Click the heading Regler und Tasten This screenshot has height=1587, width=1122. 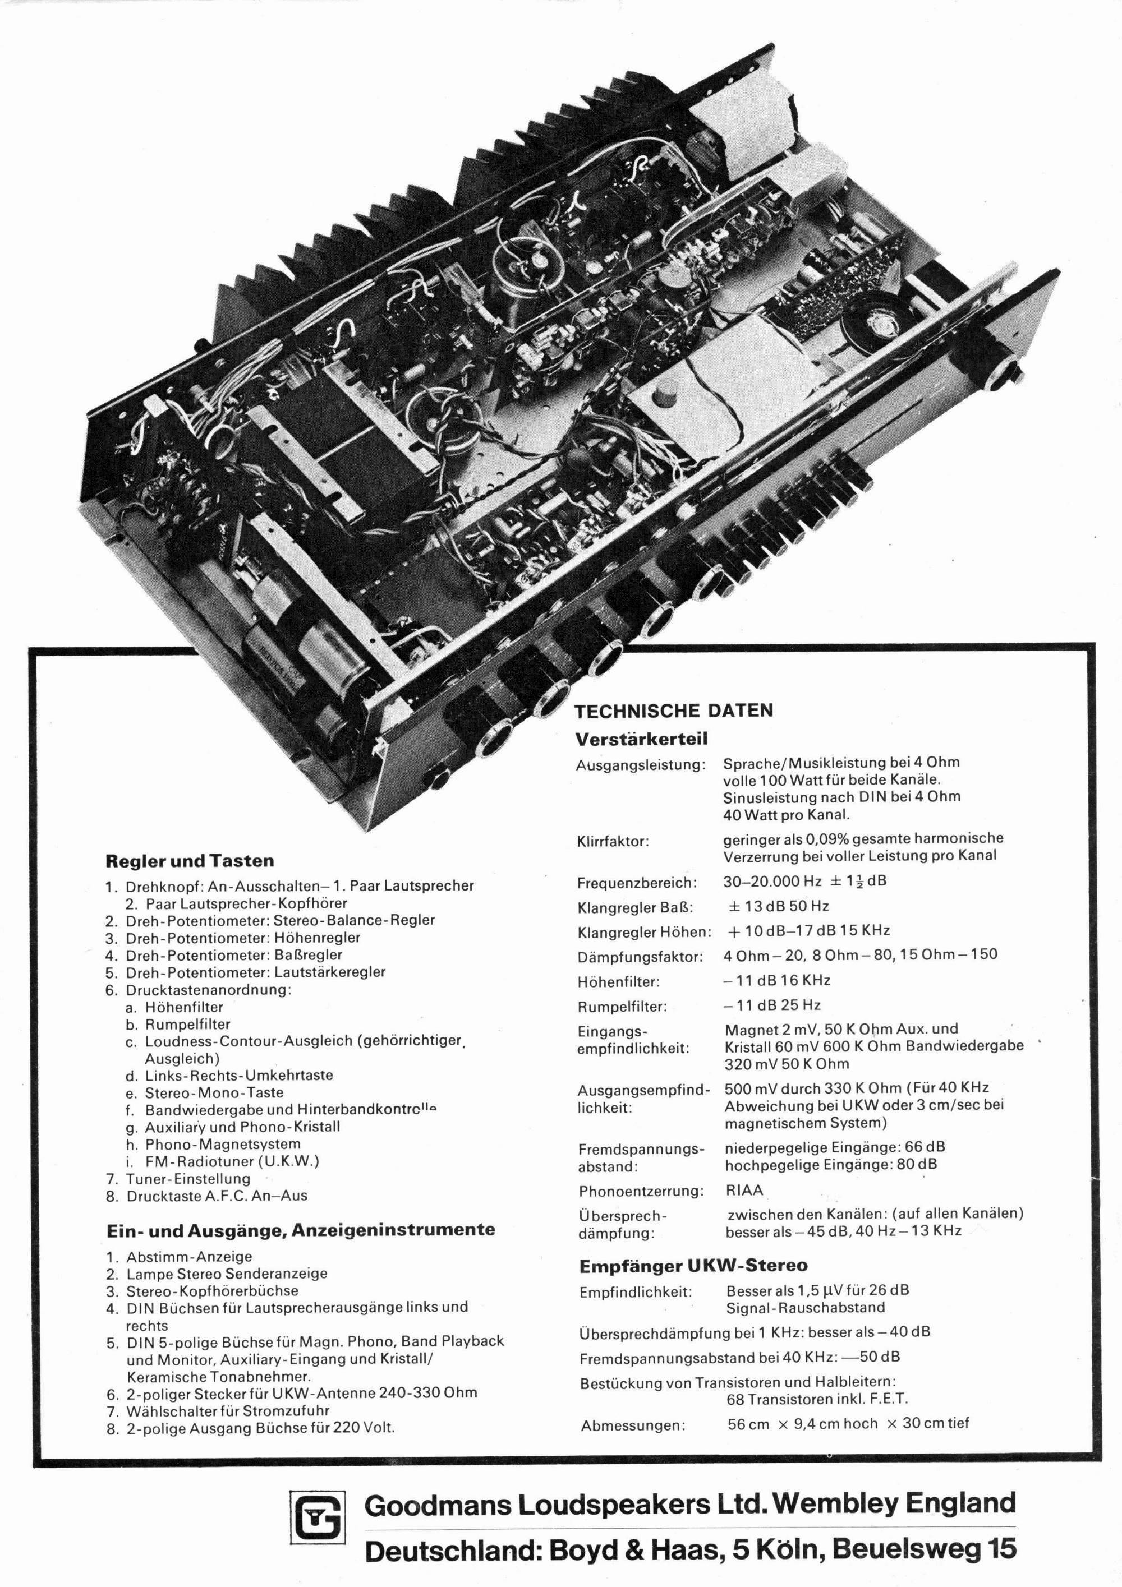click(x=190, y=861)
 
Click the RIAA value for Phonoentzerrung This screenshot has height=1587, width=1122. click(x=744, y=1191)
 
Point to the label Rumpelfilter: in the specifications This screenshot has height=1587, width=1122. click(x=622, y=1007)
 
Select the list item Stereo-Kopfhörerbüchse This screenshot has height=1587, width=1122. click(x=211, y=1290)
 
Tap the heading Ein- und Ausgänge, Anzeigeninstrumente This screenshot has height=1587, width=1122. click(x=300, y=1230)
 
